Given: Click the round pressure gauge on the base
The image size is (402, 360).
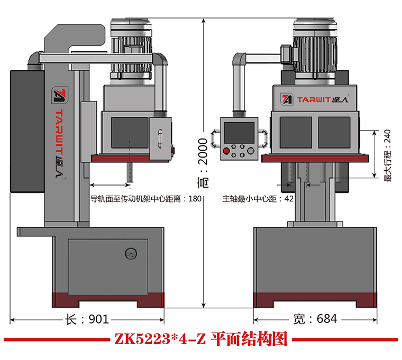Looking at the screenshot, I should point(130,255).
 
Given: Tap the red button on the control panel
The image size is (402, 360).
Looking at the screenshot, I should point(226,152).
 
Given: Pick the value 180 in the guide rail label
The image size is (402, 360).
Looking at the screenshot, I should point(195,199).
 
